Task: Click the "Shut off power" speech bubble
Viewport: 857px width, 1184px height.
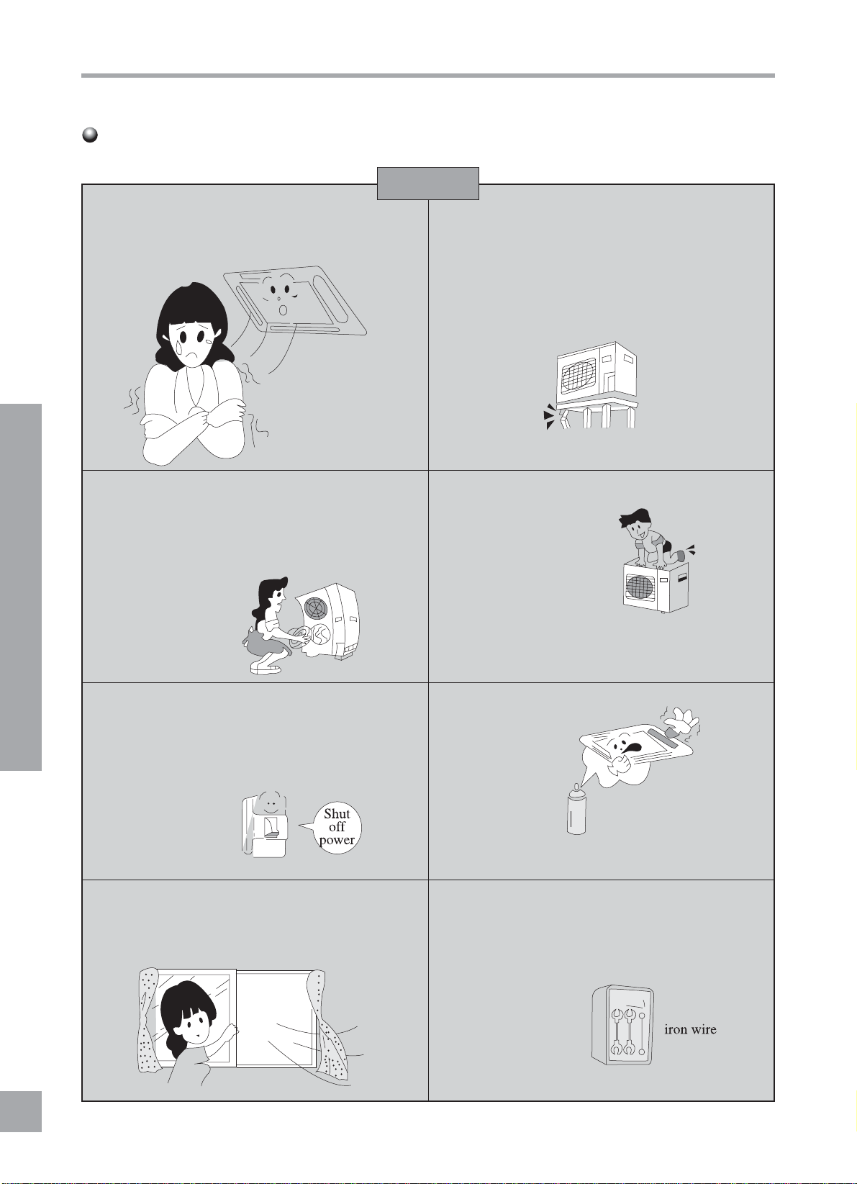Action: coord(336,828)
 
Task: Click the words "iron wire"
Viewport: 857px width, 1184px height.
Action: coord(690,1029)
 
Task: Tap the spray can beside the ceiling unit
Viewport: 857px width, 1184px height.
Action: coord(576,810)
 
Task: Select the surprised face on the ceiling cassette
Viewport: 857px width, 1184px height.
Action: coord(281,295)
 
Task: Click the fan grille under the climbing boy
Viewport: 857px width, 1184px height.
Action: coord(640,587)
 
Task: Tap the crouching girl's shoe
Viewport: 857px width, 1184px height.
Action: coord(266,668)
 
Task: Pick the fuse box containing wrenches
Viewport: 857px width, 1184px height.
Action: coord(622,1025)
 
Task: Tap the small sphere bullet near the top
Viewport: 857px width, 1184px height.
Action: coord(91,135)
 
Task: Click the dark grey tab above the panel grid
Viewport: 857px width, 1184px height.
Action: coord(428,184)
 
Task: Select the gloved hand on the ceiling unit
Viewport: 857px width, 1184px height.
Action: coord(683,721)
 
